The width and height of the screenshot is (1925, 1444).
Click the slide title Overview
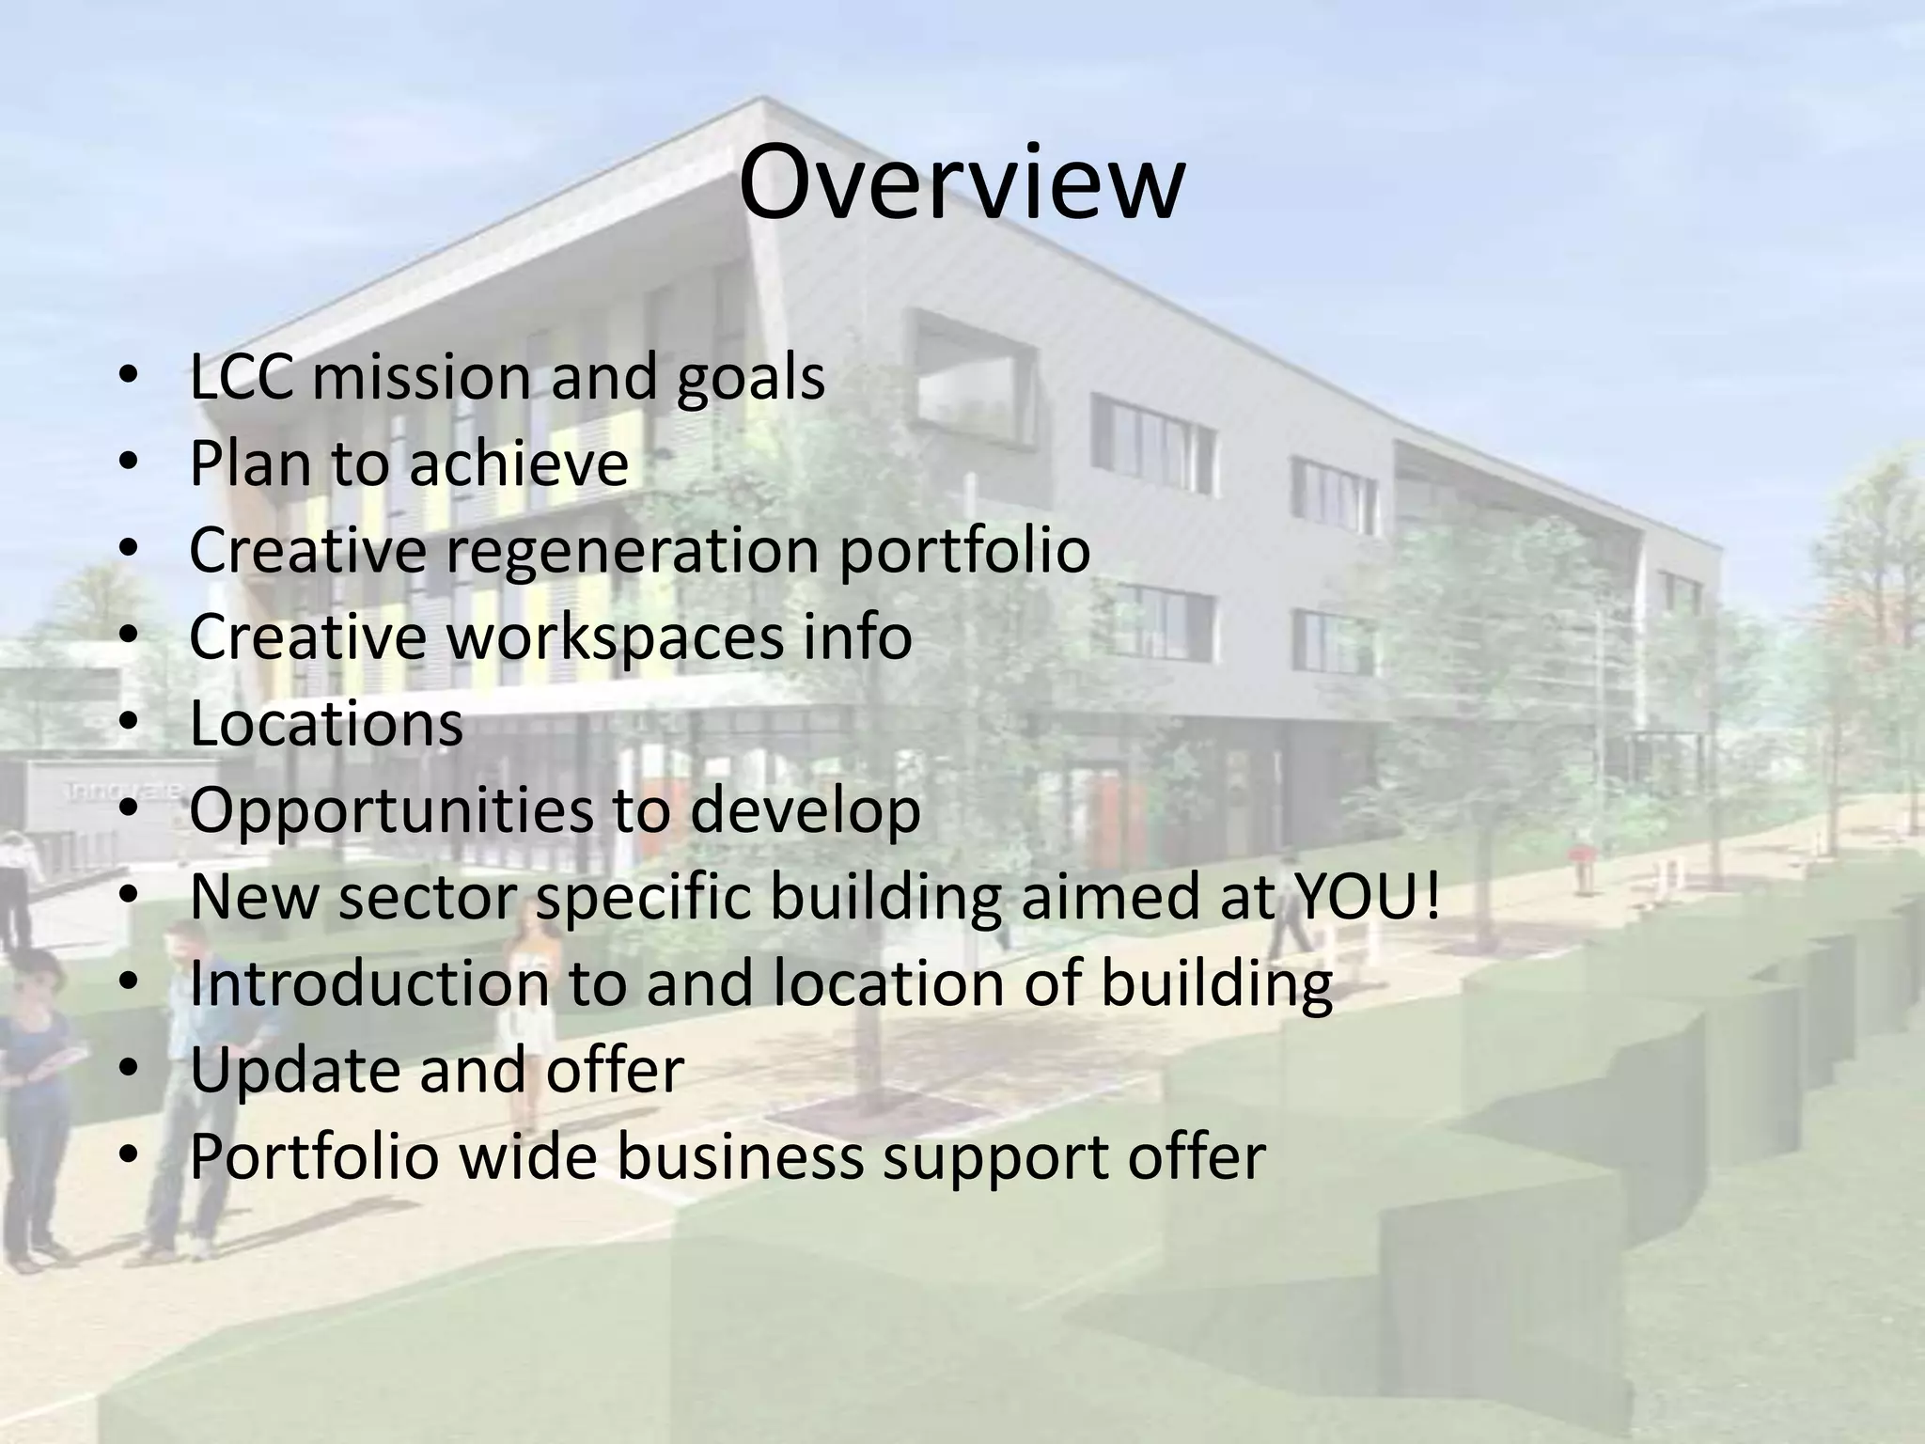961,183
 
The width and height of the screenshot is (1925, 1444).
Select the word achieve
518,463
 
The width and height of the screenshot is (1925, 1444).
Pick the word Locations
326,724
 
